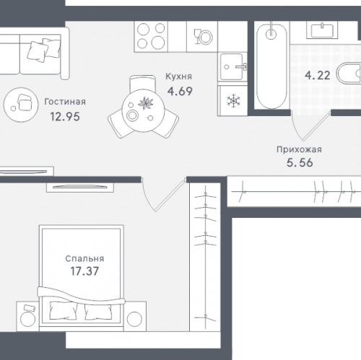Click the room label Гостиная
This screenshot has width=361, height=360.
tap(65, 102)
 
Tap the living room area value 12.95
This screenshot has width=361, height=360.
tap(65, 117)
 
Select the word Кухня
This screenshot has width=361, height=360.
tap(178, 76)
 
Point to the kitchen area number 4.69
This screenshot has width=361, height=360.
tap(180, 92)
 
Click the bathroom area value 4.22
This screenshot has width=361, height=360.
tap(318, 76)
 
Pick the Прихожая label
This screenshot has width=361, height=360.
tap(299, 149)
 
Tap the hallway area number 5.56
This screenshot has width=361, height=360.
tap(300, 162)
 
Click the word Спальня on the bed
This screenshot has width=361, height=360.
tap(84, 258)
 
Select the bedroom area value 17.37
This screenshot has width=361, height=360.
tap(84, 271)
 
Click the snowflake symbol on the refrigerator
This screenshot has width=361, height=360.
tap(233, 101)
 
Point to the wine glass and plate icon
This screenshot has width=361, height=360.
tap(203, 37)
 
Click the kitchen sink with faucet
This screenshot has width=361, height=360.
tap(232, 66)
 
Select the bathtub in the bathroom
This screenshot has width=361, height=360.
tap(271, 66)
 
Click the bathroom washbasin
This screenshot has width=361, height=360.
tap(322, 30)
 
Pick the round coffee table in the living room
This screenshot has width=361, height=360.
tap(21, 105)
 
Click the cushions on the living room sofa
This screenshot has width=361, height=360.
tap(43, 50)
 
